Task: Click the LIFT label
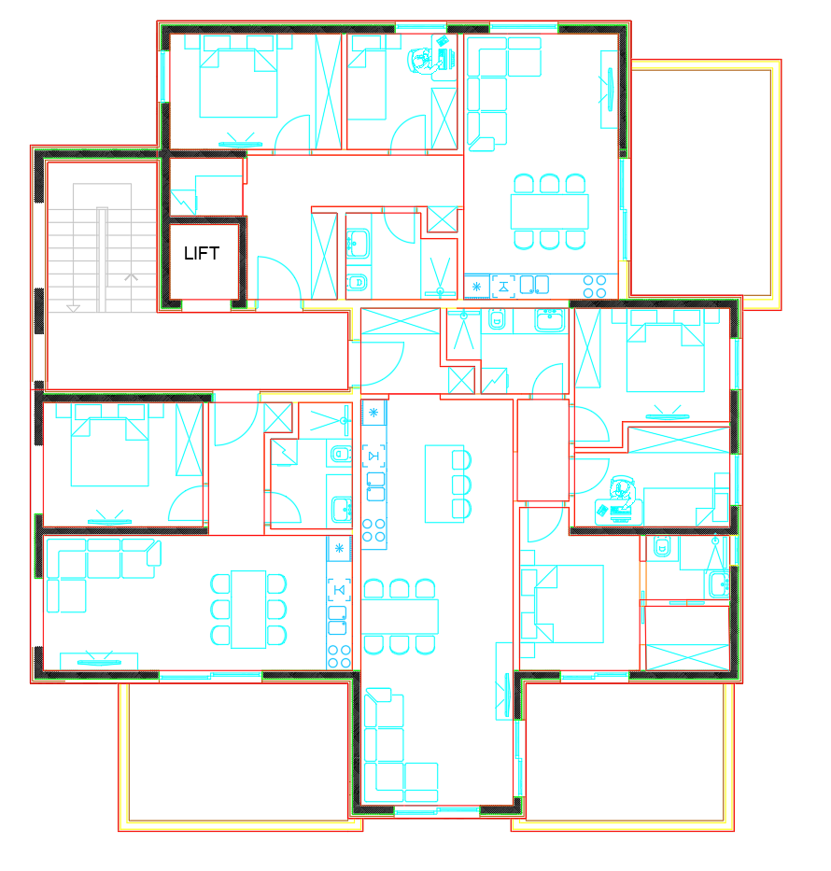pyautogui.click(x=202, y=253)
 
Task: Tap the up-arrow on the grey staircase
pyautogui.click(x=131, y=276)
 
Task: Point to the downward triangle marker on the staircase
pyautogui.click(x=73, y=308)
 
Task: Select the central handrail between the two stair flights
pyautogui.click(x=102, y=260)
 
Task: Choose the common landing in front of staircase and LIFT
pyautogui.click(x=198, y=350)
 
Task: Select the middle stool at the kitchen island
pyautogui.click(x=462, y=485)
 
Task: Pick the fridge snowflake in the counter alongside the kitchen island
pyautogui.click(x=373, y=413)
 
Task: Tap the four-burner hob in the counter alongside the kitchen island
pyautogui.click(x=373, y=530)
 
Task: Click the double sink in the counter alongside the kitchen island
pyautogui.click(x=375, y=486)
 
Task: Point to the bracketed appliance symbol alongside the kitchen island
pyautogui.click(x=373, y=456)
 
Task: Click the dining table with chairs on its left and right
pyautogui.click(x=248, y=609)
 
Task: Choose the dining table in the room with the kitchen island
pyautogui.click(x=400, y=616)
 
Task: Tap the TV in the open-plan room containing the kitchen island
pyautogui.click(x=506, y=695)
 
